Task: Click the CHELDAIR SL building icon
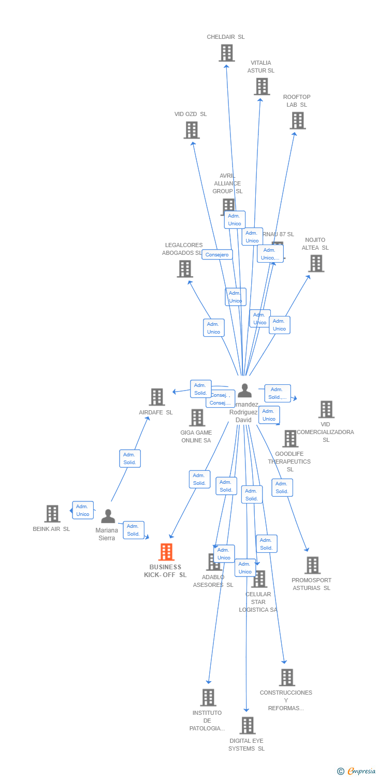(226, 53)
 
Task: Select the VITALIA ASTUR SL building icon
(262, 87)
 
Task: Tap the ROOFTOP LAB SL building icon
(297, 121)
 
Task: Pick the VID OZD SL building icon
(192, 130)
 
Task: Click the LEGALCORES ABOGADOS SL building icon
(185, 269)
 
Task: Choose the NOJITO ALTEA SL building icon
(316, 264)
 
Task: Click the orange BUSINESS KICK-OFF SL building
(166, 552)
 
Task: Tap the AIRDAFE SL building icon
(157, 397)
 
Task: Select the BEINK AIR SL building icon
(52, 514)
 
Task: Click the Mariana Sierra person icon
(108, 516)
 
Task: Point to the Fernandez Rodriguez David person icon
(244, 391)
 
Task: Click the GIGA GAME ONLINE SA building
(197, 418)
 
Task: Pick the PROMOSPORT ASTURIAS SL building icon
(312, 566)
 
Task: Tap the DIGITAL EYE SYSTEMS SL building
(248, 726)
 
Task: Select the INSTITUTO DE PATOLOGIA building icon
(208, 698)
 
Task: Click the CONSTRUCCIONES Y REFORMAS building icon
(287, 678)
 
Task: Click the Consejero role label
(217, 254)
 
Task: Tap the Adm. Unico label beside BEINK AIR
(83, 510)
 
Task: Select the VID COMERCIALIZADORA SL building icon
(326, 409)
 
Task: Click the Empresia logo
(357, 771)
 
